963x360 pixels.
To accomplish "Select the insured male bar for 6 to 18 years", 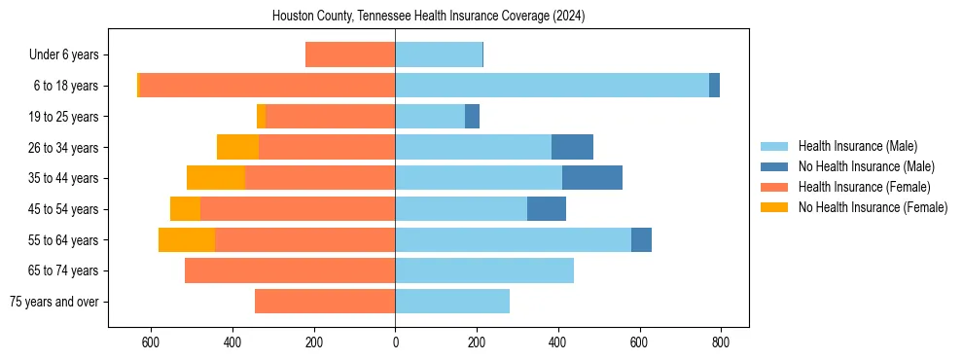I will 552,86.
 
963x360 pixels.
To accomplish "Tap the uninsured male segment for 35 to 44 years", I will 592,178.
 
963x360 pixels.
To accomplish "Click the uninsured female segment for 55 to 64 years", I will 187,239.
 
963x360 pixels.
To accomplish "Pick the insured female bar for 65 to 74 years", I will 290,270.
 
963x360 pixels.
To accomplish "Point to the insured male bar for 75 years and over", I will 452,302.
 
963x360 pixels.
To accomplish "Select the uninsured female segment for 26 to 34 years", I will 237,147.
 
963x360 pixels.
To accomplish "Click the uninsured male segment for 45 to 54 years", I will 547,209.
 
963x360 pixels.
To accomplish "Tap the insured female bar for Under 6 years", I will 350,54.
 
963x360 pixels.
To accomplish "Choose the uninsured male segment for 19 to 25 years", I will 472,117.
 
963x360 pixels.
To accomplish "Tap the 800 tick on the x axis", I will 721,342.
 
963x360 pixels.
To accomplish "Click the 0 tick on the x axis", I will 395,342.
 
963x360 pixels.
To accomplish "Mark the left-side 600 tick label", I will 151,342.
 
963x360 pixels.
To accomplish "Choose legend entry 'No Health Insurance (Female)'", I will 873,207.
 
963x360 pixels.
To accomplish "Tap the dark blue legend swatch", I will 775,166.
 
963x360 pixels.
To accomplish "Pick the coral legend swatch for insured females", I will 775,187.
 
